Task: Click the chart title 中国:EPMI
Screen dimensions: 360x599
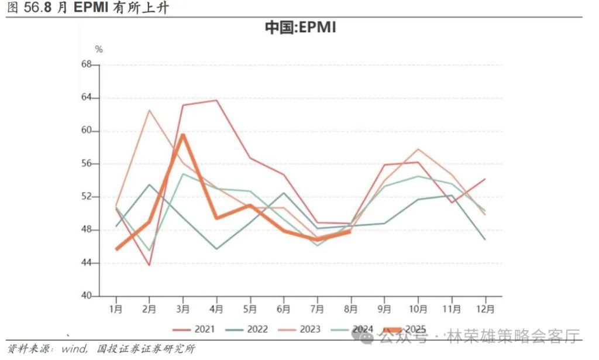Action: [x=300, y=28]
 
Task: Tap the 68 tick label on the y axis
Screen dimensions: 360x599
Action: [x=87, y=64]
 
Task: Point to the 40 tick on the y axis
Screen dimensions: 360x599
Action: [x=87, y=296]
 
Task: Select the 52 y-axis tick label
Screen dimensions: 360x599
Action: [x=87, y=197]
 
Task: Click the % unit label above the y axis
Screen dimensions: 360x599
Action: [x=99, y=50]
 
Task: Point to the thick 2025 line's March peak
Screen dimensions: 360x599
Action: [x=183, y=135]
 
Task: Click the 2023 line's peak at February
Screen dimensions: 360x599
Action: [x=150, y=110]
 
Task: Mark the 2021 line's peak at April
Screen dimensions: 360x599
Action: [x=217, y=100]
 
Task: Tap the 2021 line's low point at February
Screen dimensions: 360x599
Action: [x=150, y=265]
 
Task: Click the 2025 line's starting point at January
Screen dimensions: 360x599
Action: [x=116, y=249]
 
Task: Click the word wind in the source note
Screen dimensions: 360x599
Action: [x=73, y=349]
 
